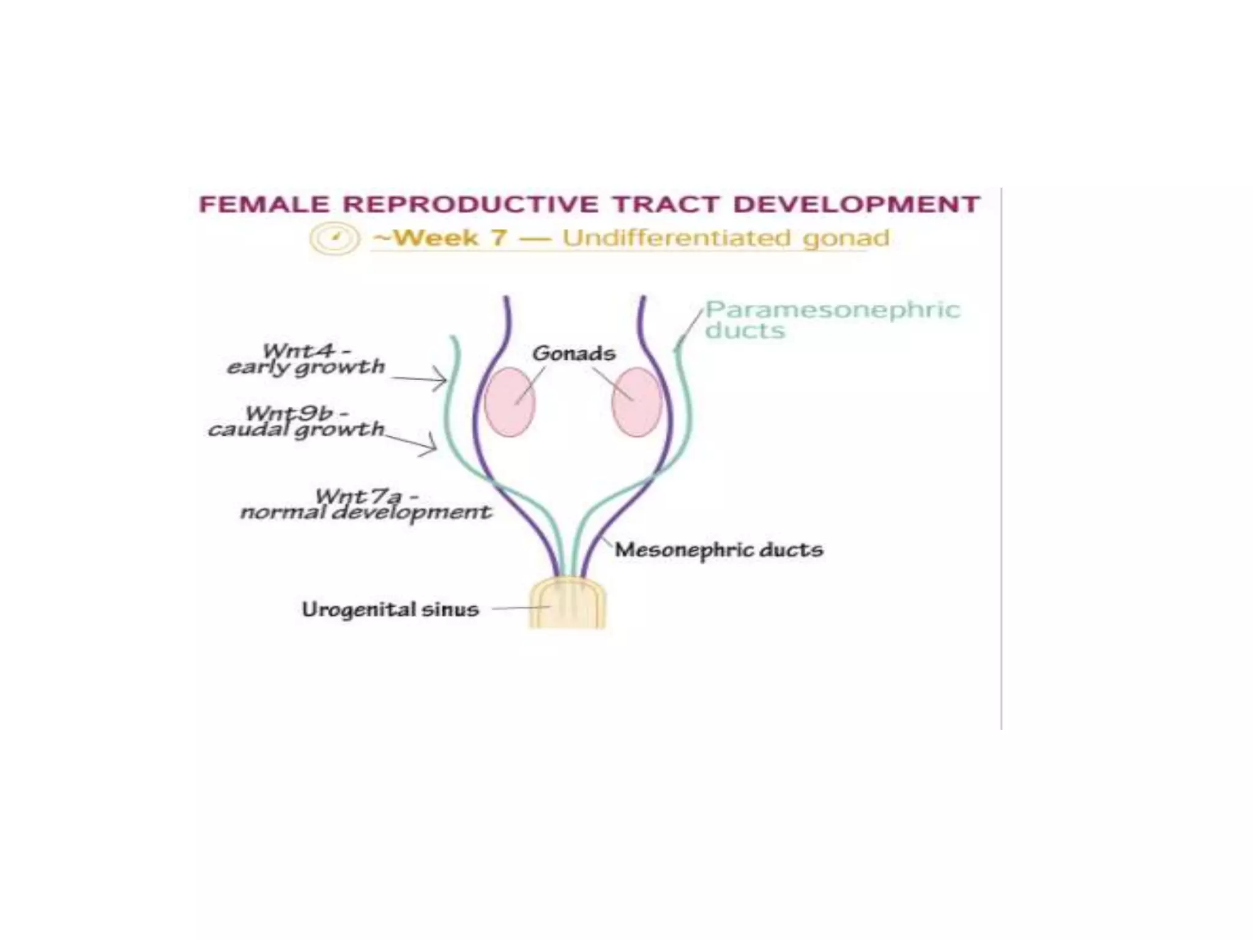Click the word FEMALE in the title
264,204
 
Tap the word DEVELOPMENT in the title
857,204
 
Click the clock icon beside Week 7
334,238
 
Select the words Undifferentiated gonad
726,238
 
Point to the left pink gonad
510,401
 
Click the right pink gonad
637,401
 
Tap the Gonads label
573,353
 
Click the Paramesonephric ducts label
832,319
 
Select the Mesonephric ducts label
719,550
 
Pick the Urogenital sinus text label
390,610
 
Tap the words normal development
366,512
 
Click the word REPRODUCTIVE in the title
470,204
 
